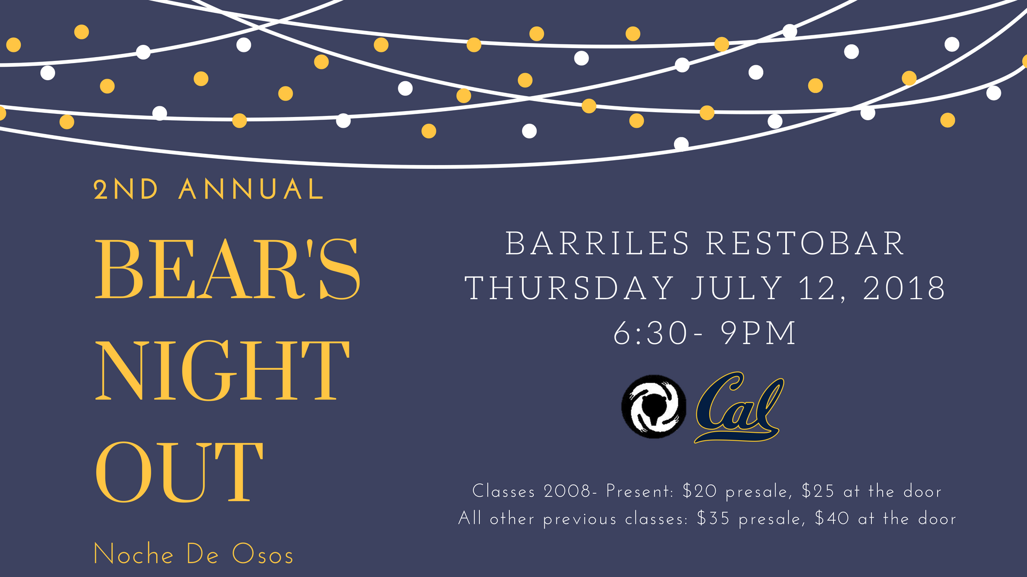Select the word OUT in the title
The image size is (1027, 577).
point(179,472)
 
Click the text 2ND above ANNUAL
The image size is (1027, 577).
point(126,190)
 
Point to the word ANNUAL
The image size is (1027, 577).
point(251,190)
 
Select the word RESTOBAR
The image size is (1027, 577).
point(805,244)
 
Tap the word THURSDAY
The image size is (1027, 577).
point(570,288)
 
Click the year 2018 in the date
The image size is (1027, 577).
point(904,288)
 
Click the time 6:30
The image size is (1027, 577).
point(650,333)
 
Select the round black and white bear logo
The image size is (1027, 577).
point(653,407)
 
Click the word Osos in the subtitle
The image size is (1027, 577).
point(263,554)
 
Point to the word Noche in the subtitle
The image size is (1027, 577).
point(134,554)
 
